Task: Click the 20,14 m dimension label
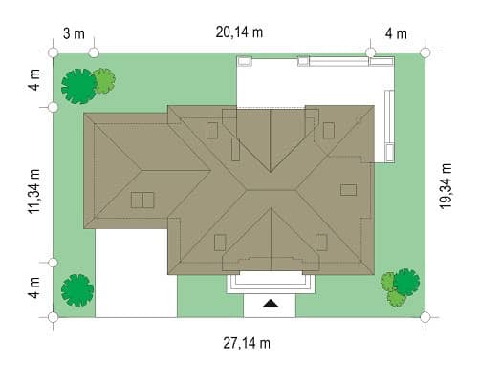(x=239, y=32)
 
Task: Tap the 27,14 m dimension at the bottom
(x=247, y=343)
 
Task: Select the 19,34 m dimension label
(x=446, y=186)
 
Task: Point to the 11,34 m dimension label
(x=34, y=191)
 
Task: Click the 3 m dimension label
(x=74, y=33)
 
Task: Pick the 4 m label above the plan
(x=396, y=33)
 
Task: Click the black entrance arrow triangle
(x=271, y=304)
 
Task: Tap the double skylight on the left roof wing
(x=142, y=200)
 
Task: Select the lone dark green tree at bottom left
(x=77, y=290)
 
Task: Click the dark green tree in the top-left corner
(x=78, y=86)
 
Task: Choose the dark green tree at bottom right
(x=406, y=283)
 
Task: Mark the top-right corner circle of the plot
(x=425, y=53)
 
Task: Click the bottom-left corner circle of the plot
(x=53, y=317)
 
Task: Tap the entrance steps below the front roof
(x=271, y=283)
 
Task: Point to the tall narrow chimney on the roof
(x=235, y=149)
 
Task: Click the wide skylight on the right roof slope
(x=348, y=190)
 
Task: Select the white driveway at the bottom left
(x=136, y=273)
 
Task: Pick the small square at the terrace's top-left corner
(x=245, y=61)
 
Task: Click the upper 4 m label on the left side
(x=34, y=80)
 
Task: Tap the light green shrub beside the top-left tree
(x=105, y=81)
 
